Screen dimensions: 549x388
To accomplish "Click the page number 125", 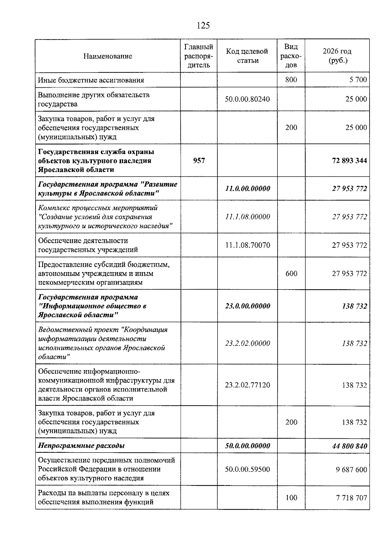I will (203, 26).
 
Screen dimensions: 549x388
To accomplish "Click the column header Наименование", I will (108, 56).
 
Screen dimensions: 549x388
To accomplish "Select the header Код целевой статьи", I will (247, 56).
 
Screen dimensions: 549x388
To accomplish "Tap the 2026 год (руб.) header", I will (337, 56).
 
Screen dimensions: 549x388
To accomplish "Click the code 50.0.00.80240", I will (247, 99).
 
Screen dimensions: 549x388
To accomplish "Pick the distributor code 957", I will (199, 160).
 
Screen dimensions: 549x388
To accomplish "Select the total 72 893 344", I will (350, 160).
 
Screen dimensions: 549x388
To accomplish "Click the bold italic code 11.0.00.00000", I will (247, 189).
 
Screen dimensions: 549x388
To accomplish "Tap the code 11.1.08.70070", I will (247, 245).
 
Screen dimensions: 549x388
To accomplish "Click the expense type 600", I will (291, 274).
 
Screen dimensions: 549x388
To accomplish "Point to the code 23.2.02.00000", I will (247, 343).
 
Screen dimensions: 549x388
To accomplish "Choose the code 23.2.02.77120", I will (247, 385).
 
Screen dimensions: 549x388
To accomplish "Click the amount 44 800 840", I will (350, 446).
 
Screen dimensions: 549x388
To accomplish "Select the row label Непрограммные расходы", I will (81, 446).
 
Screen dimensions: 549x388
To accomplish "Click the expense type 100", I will (291, 498).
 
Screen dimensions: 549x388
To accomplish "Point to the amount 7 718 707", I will (351, 498).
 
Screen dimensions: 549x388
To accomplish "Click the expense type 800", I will (291, 80).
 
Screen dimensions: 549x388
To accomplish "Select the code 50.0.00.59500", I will (247, 469).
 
